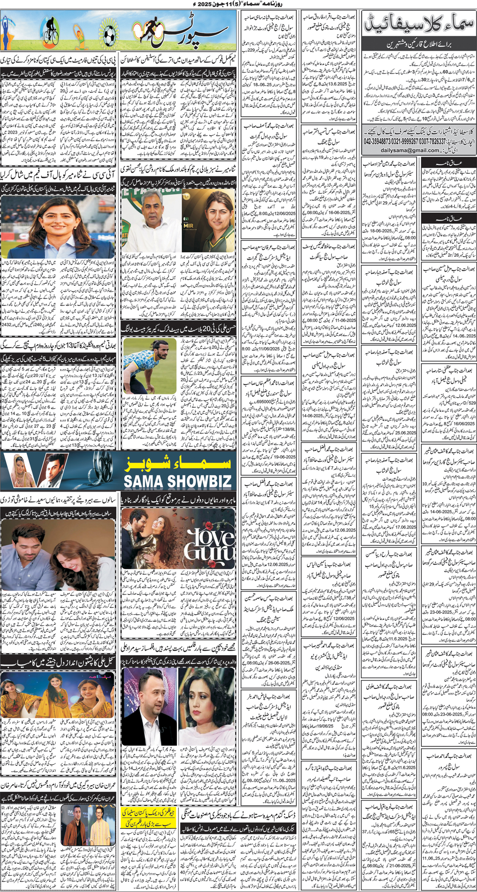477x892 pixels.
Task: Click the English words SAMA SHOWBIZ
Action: [177, 481]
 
